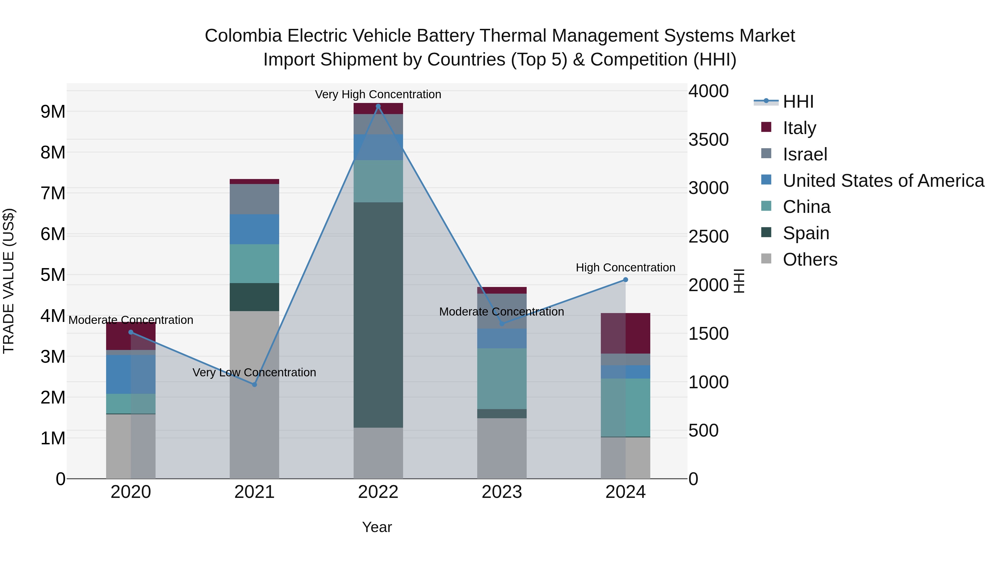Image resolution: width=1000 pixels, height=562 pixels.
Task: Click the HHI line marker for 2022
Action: pos(378,106)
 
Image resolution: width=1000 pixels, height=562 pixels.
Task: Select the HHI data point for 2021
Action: pos(255,384)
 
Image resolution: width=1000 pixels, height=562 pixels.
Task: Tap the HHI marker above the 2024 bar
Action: pos(625,280)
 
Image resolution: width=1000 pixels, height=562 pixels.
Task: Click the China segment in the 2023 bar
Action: pos(502,379)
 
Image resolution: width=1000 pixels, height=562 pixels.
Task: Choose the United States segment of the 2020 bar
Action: pos(131,374)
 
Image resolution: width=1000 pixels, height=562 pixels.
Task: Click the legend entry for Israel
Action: pos(805,154)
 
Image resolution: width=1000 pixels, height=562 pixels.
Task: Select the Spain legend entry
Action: pos(806,233)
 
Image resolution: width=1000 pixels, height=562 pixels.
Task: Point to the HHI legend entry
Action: pos(798,102)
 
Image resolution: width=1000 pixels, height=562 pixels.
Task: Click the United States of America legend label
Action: pos(883,181)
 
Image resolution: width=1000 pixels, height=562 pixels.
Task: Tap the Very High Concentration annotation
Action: pos(378,94)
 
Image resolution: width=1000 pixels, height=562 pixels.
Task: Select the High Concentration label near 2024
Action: pos(625,268)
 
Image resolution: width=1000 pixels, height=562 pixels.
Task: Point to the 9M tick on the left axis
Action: pos(53,112)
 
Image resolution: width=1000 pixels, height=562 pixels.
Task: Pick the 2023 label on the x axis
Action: pos(502,492)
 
